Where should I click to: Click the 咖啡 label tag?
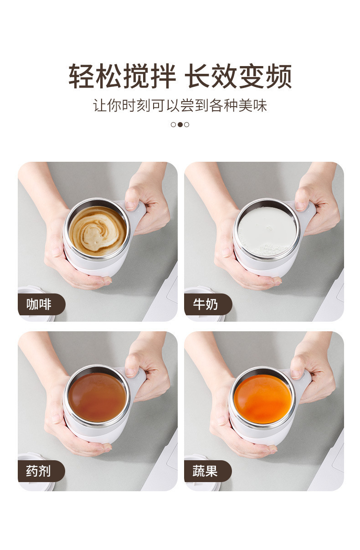pyautogui.click(x=40, y=304)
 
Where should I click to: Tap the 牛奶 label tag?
pyautogui.click(x=206, y=304)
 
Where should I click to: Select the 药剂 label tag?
pyautogui.click(x=40, y=471)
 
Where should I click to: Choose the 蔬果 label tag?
pyautogui.click(x=206, y=471)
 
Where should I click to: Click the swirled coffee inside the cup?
pyautogui.click(x=98, y=231)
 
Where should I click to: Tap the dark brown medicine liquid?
pyautogui.click(x=97, y=397)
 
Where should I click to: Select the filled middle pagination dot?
pyautogui.click(x=180, y=124)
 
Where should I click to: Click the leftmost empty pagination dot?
pyautogui.click(x=173, y=124)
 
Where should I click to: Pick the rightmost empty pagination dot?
pyautogui.click(x=187, y=124)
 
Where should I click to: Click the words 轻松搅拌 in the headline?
pyautogui.click(x=122, y=77)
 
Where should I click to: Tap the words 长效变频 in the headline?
pyautogui.click(x=238, y=77)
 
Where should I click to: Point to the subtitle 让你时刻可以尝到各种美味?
pyautogui.click(x=180, y=106)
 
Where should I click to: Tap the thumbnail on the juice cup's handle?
pyautogui.click(x=297, y=374)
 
